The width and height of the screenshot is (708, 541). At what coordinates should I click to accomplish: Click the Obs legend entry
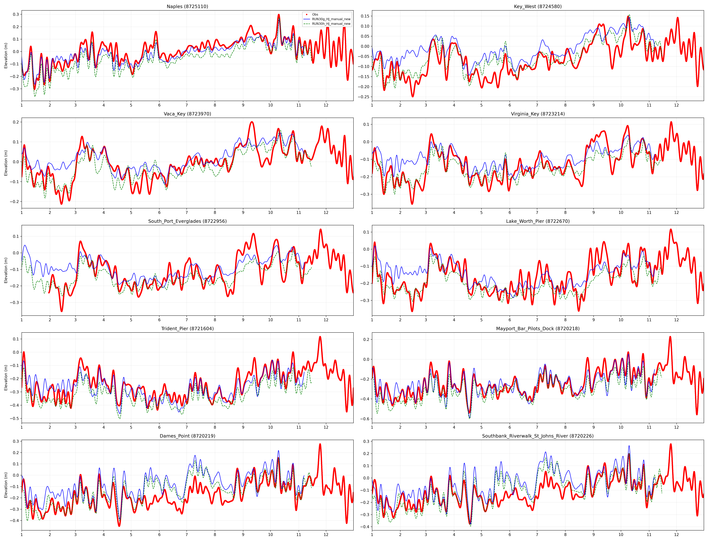(x=315, y=15)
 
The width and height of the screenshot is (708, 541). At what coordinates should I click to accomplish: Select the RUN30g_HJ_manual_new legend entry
(x=331, y=19)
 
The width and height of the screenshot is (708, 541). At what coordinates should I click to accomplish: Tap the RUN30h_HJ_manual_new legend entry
(x=331, y=24)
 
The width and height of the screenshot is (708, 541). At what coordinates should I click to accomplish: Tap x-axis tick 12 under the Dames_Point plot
(x=326, y=535)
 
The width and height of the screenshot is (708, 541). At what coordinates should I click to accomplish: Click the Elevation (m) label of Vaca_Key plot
(x=6, y=163)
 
